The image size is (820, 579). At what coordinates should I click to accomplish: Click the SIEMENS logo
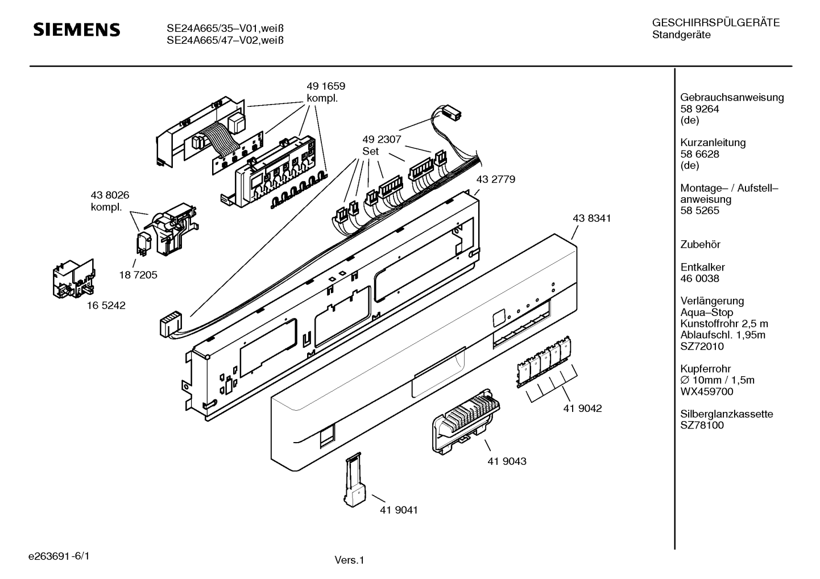77,30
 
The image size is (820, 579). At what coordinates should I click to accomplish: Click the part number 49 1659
326,86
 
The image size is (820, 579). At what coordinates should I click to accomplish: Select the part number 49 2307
382,139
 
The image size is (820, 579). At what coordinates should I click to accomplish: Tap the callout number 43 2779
496,179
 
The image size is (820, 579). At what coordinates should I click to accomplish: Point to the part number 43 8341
592,218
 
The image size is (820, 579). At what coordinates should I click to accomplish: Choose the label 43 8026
110,195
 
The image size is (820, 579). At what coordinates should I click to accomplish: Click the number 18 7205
138,274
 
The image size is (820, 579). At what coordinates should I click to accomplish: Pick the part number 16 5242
106,305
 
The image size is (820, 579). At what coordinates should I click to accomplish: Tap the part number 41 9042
582,408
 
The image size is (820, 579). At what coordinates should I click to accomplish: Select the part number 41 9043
507,461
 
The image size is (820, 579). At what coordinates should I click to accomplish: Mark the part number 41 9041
399,510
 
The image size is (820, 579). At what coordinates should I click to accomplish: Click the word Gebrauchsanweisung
732,98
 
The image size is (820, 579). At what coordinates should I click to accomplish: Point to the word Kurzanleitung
713,143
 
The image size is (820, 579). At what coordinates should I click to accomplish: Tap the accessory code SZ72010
702,346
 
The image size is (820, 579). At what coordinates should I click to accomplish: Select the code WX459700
707,391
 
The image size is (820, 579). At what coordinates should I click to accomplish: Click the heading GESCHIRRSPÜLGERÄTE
716,23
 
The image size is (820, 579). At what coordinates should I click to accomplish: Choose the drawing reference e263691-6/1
59,556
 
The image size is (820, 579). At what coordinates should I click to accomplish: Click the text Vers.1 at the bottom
349,560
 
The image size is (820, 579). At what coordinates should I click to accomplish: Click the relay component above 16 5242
73,279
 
